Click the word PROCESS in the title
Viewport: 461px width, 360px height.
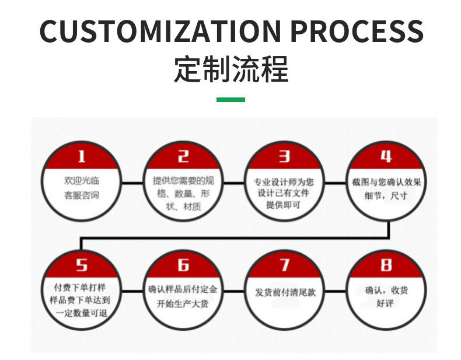pos(357,31)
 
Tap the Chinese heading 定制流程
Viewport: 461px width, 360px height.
pos(231,69)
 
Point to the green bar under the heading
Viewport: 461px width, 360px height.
pos(230,100)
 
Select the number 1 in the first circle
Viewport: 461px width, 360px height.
pos(82,156)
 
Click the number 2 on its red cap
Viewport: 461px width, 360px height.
pos(183,156)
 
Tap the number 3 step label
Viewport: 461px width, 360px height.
pos(284,156)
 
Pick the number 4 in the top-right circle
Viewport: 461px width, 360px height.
pos(386,156)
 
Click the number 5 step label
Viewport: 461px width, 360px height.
pos(82,265)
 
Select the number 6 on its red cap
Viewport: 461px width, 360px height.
pos(183,265)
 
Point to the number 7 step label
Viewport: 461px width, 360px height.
pos(284,265)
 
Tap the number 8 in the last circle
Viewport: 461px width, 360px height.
pos(386,265)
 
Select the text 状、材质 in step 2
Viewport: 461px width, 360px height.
pos(183,207)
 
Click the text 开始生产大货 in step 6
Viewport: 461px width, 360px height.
pos(183,304)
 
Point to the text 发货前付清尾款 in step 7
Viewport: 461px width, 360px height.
pos(285,292)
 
